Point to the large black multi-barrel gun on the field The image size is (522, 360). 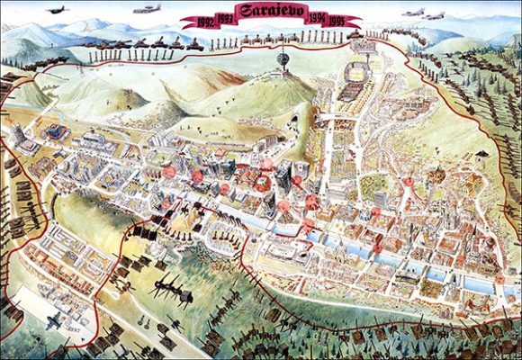172,292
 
